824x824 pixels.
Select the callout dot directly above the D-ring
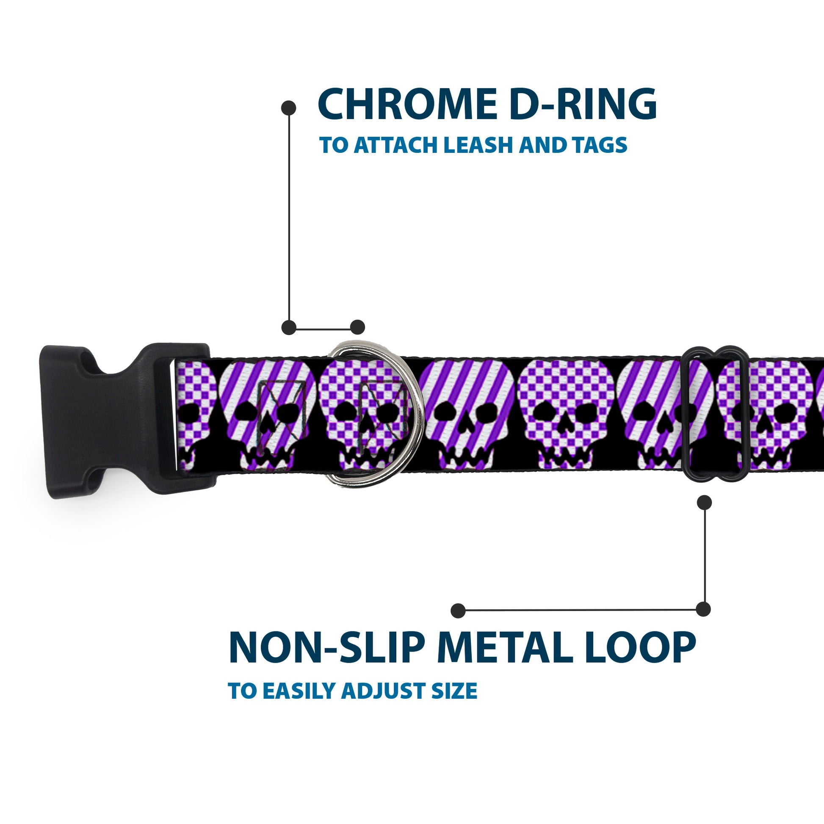tap(357, 327)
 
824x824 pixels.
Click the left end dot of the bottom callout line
tap(458, 610)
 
